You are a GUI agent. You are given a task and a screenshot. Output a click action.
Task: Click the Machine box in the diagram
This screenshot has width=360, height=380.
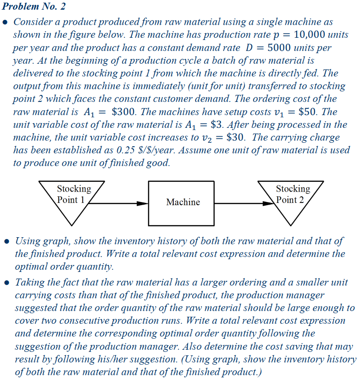point(183,202)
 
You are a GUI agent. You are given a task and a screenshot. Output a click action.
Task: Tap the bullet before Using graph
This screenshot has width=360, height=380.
point(6,241)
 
